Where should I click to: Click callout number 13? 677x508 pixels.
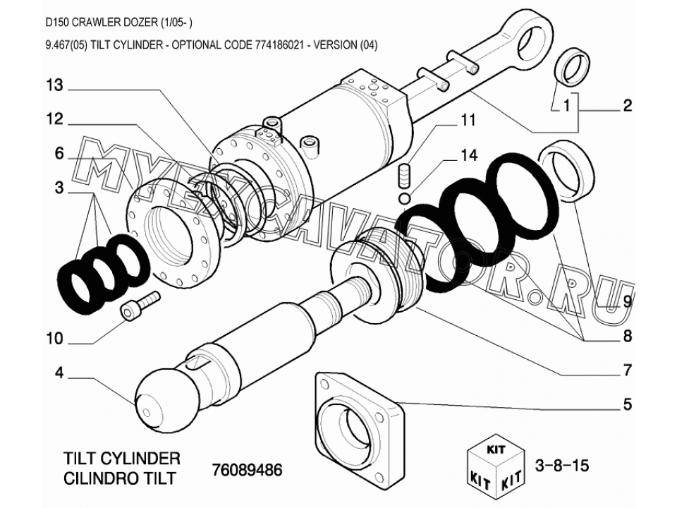click(x=55, y=85)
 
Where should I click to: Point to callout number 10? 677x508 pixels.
click(x=55, y=339)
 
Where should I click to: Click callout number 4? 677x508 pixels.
click(x=59, y=373)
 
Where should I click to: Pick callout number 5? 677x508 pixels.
click(x=628, y=404)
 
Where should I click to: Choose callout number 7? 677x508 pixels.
click(x=628, y=370)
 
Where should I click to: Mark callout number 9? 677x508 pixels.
click(x=628, y=301)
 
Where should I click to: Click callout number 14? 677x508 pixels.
click(x=470, y=155)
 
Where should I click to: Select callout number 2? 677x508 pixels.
click(x=628, y=105)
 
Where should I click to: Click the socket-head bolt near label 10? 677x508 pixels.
click(x=139, y=306)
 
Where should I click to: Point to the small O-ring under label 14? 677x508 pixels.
click(x=404, y=199)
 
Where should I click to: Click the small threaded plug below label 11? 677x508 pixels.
click(x=403, y=176)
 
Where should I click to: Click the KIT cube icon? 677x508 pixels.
click(x=496, y=465)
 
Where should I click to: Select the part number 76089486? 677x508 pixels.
click(x=247, y=469)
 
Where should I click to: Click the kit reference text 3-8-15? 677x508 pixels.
click(x=562, y=465)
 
